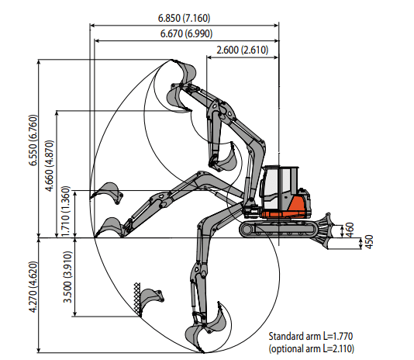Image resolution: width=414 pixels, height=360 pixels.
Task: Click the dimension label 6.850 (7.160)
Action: click(x=184, y=18)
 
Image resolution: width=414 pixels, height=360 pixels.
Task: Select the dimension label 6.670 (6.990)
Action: click(x=186, y=33)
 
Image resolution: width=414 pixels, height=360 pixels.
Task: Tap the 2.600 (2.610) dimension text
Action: click(x=243, y=50)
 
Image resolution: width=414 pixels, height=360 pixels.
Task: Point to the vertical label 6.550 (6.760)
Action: click(x=33, y=140)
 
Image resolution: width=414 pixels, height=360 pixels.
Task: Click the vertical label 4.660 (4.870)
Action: click(x=50, y=166)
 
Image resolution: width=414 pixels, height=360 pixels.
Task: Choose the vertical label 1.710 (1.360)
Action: click(x=66, y=211)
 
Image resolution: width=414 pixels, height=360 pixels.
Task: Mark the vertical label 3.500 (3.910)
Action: click(x=67, y=277)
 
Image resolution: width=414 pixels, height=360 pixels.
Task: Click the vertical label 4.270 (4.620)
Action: click(x=33, y=287)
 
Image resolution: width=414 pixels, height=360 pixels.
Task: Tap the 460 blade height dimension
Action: click(x=350, y=230)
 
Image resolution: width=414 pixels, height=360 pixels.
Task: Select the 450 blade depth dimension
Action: click(x=370, y=241)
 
